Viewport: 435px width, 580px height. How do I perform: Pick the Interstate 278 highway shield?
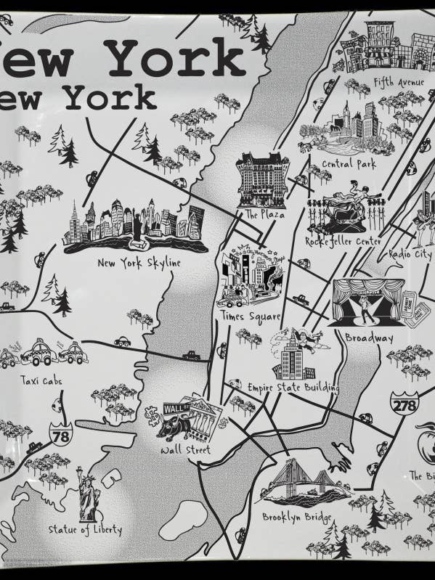[x=403, y=404]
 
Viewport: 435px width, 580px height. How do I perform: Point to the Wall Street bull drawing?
[x=168, y=430]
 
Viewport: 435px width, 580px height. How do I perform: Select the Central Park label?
[x=349, y=164]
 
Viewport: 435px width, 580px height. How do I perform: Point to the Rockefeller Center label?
[x=343, y=241]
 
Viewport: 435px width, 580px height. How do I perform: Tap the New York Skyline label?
[x=139, y=263]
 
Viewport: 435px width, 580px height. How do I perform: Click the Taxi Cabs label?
[x=41, y=380]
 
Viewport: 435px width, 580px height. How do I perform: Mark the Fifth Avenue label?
[x=399, y=81]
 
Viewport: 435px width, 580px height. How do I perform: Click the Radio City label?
[x=410, y=254]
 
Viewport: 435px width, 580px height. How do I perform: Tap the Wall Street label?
[x=185, y=451]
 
